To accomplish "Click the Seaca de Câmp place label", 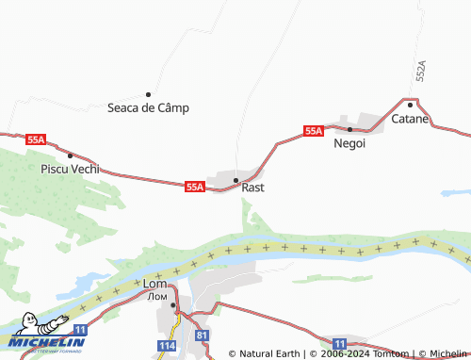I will click(x=148, y=107).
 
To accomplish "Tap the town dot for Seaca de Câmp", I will click(x=148, y=94).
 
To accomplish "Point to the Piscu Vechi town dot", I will click(x=71, y=155).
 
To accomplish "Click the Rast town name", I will click(x=252, y=188).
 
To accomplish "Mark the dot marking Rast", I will click(x=236, y=179).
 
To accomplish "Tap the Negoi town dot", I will click(x=349, y=129).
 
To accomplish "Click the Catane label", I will click(x=410, y=120).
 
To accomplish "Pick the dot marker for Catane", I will click(x=410, y=106).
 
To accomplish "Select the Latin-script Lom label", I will click(x=154, y=284).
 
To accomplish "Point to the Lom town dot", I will click(x=173, y=304).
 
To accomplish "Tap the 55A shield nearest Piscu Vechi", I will click(x=36, y=139).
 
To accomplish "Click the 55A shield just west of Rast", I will click(x=195, y=187).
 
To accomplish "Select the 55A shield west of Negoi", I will click(x=314, y=131).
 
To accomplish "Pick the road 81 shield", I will click(x=202, y=335).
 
